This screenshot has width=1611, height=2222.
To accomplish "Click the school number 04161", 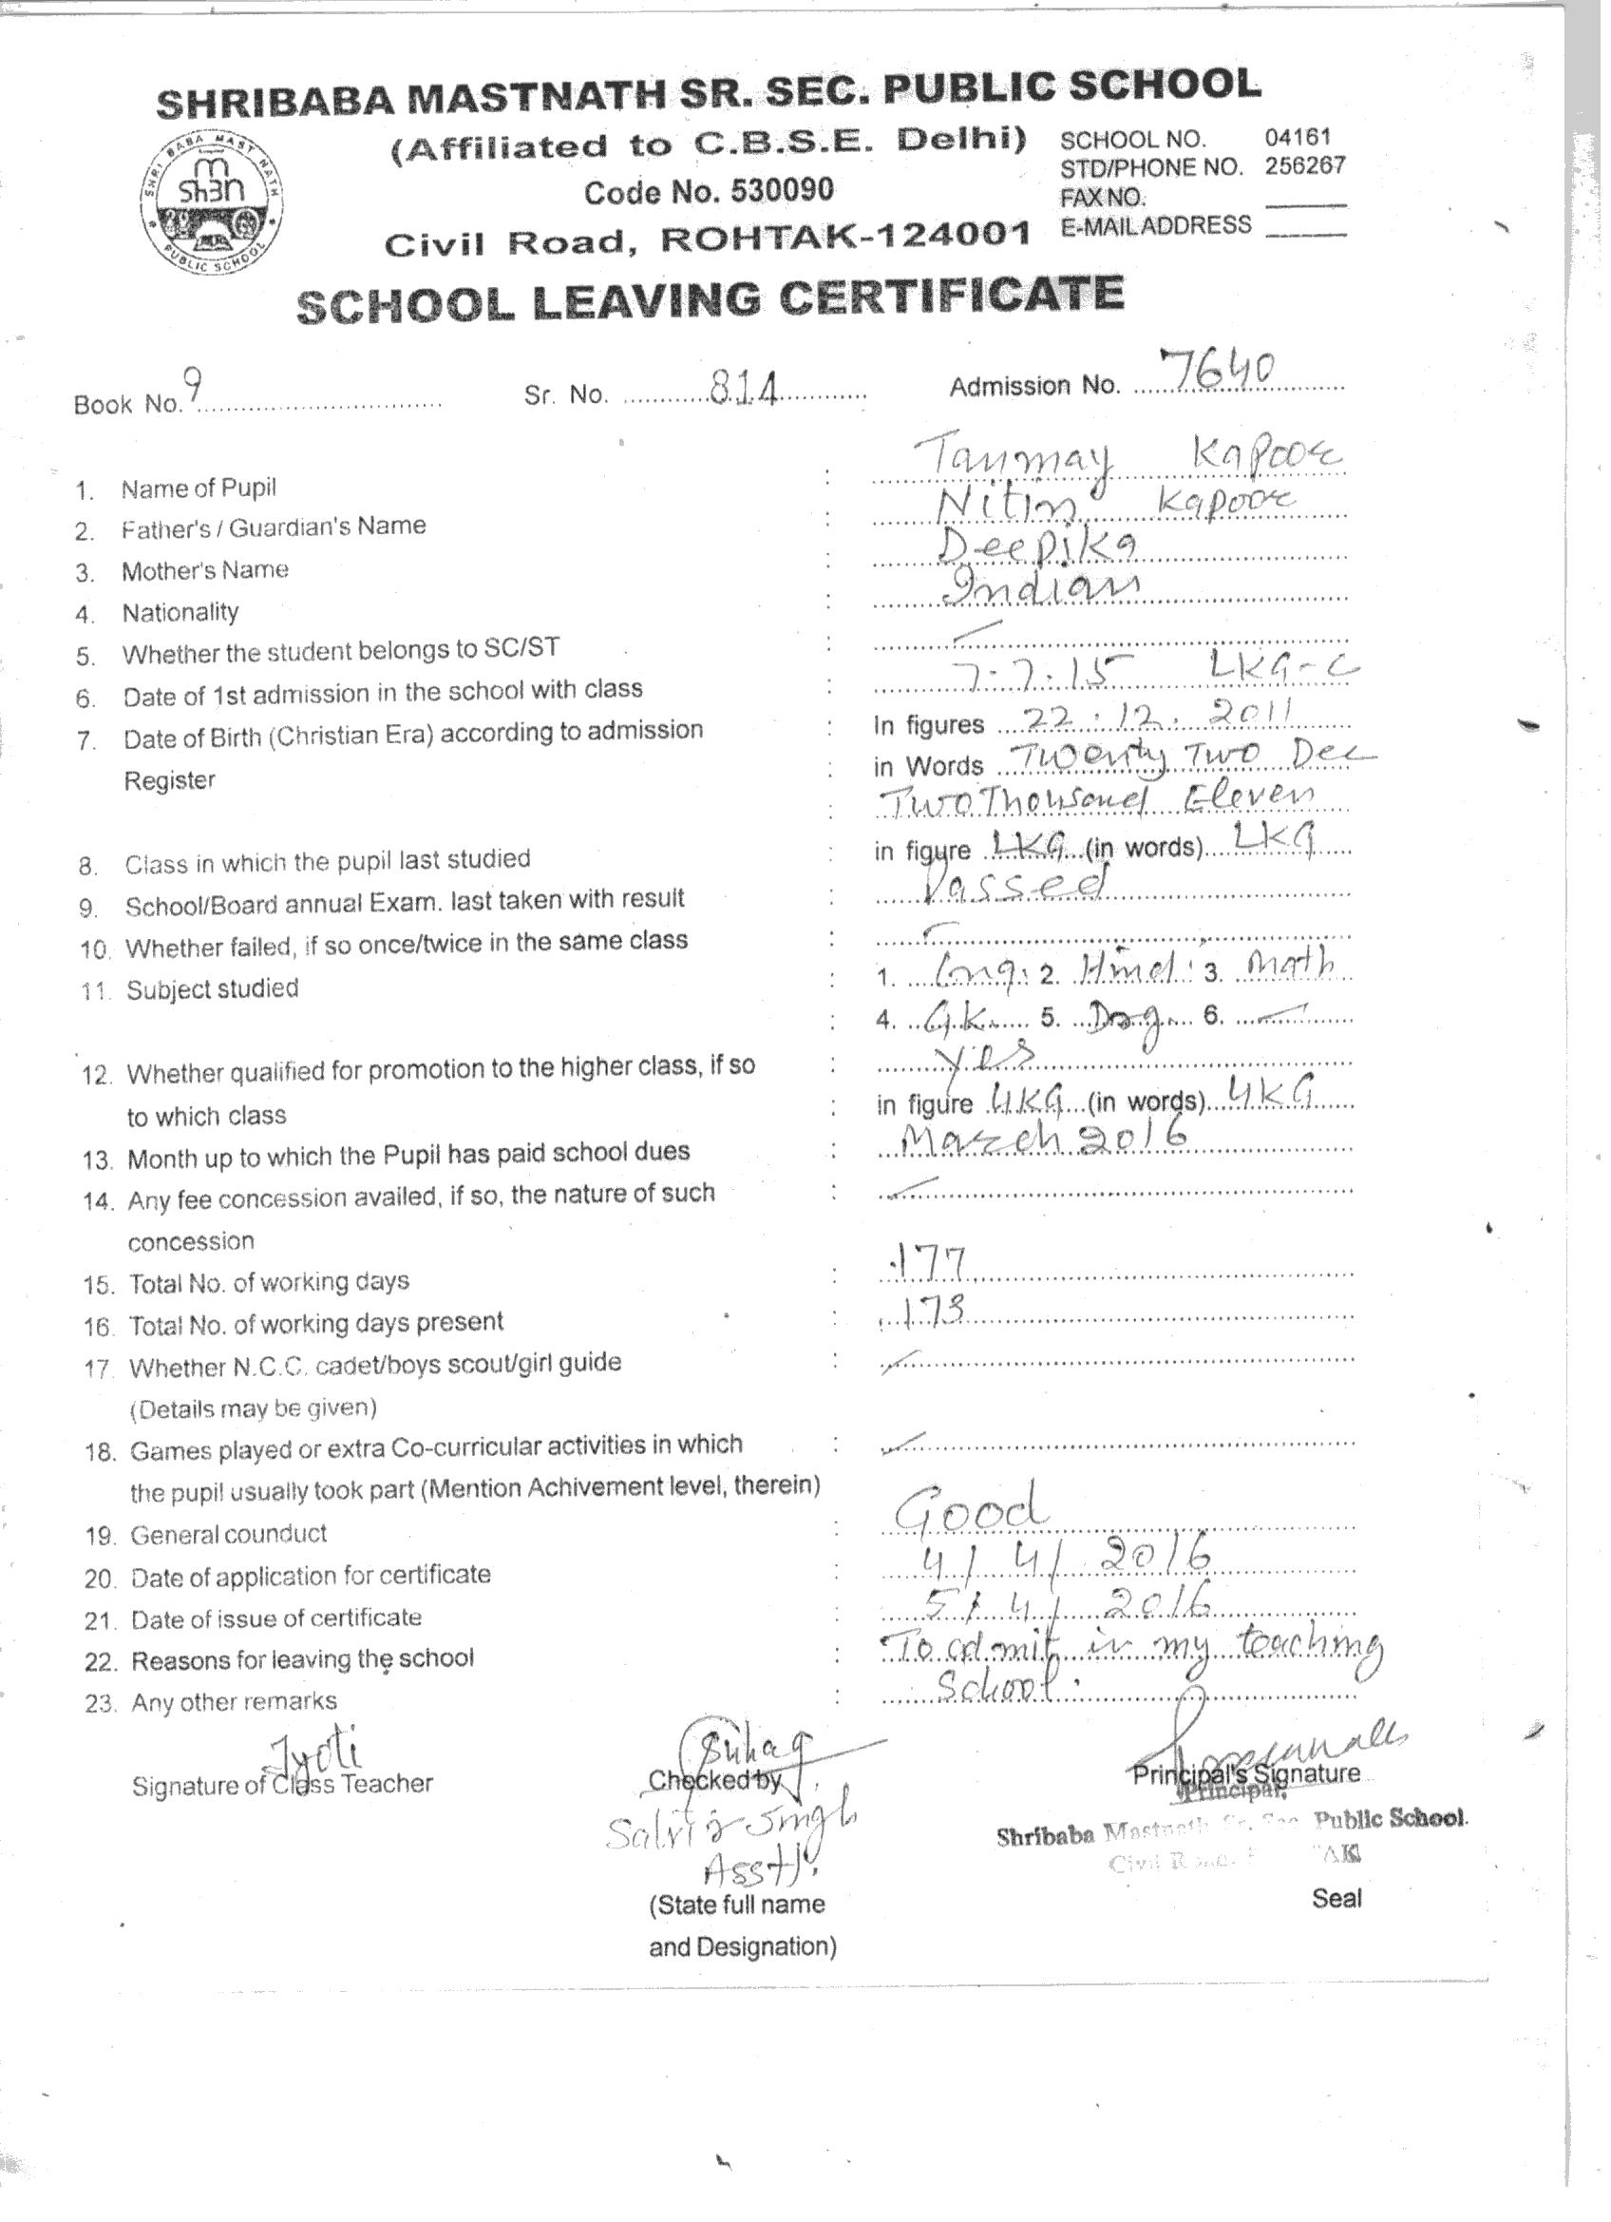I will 1297,137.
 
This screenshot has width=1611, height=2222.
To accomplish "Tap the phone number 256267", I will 1304,165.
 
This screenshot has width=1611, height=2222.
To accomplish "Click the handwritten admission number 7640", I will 1215,370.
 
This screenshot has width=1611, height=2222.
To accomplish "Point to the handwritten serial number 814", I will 744,390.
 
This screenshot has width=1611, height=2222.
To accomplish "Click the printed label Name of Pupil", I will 199,488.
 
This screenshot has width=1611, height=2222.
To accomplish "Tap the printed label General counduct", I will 228,1534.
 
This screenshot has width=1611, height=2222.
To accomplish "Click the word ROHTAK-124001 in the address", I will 845,237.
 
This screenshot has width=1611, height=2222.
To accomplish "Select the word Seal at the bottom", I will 1336,1899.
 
